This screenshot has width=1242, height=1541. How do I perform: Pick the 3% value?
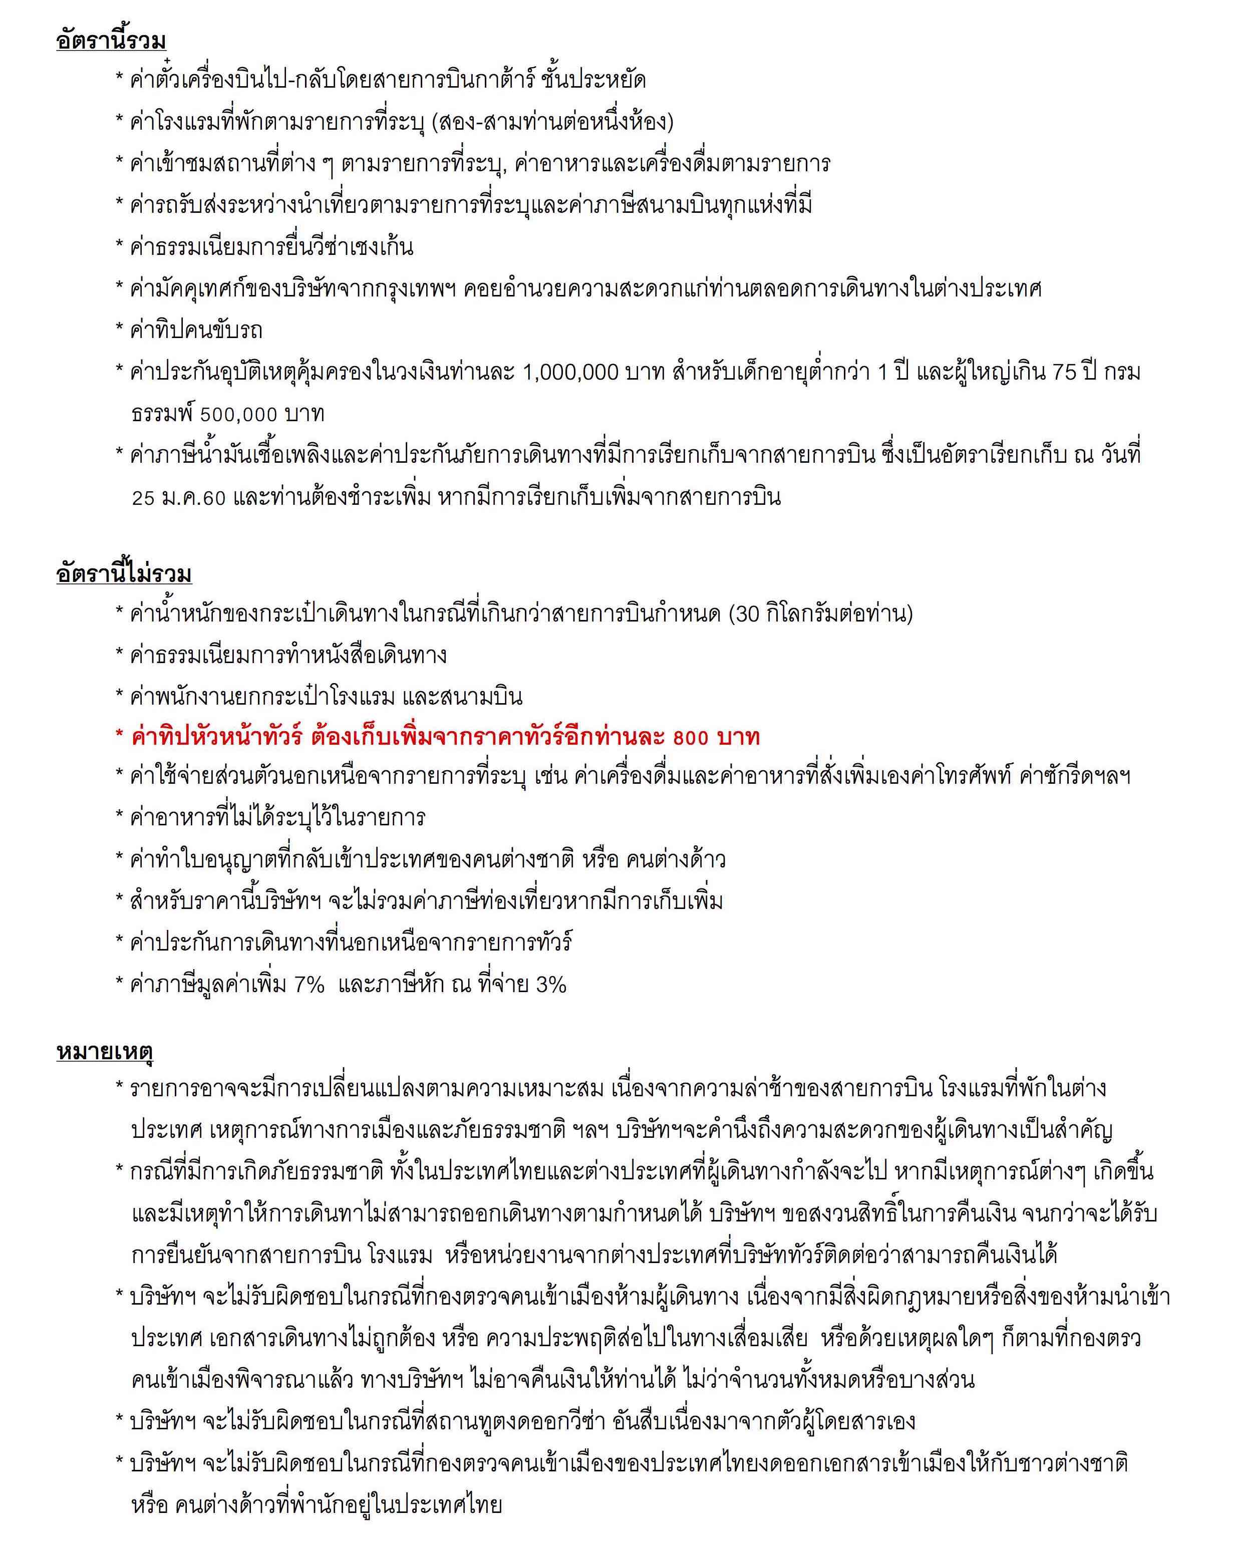(551, 985)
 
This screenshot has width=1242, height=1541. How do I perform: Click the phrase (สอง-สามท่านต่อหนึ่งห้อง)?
(553, 122)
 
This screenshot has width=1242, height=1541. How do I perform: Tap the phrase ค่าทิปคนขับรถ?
(196, 331)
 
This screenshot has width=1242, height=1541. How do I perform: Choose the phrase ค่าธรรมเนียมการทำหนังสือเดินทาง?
(288, 656)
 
